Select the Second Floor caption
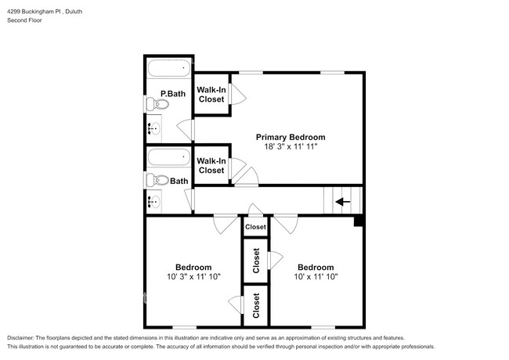[23, 20]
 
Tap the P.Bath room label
[172, 94]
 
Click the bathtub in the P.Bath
[168, 69]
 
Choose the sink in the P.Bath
[153, 128]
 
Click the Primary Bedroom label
[290, 137]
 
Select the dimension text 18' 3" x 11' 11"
[290, 147]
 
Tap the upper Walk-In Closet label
[211, 95]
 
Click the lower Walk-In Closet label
[211, 165]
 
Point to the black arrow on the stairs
[343, 201]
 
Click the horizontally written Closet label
[255, 227]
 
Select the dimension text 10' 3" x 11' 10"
[193, 276]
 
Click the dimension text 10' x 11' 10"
[316, 276]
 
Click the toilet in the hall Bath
[152, 180]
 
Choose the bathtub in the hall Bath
[168, 157]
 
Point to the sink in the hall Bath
[153, 201]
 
